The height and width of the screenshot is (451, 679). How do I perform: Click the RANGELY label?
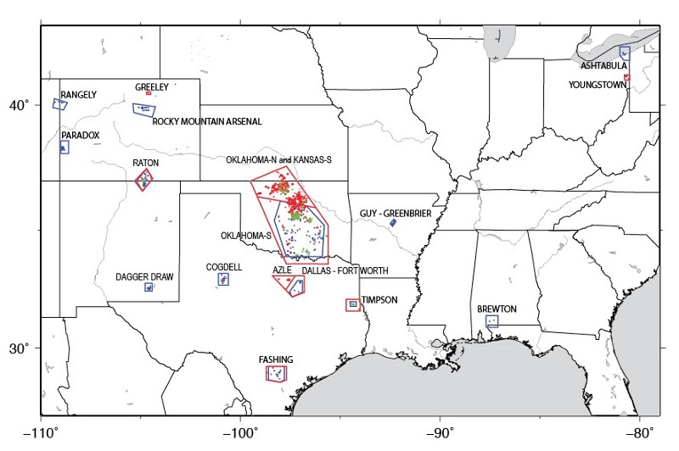(x=78, y=95)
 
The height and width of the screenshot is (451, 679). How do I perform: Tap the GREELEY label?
(x=152, y=86)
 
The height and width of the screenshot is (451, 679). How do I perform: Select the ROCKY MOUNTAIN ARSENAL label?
(x=207, y=121)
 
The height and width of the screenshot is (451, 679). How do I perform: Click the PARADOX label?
(x=81, y=135)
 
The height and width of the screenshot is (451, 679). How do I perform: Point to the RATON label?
(x=145, y=163)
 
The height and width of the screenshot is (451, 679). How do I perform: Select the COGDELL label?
(x=223, y=266)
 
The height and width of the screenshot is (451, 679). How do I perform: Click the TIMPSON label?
(x=379, y=300)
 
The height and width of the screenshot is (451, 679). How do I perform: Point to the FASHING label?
(x=277, y=360)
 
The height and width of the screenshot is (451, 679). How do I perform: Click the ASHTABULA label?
(x=603, y=65)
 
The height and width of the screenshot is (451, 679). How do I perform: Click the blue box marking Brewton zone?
(x=491, y=322)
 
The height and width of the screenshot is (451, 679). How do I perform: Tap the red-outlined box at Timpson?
(x=352, y=304)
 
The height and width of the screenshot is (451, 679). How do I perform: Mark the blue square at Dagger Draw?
(x=149, y=287)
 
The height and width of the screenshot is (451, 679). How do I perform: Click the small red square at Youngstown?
(x=626, y=77)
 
